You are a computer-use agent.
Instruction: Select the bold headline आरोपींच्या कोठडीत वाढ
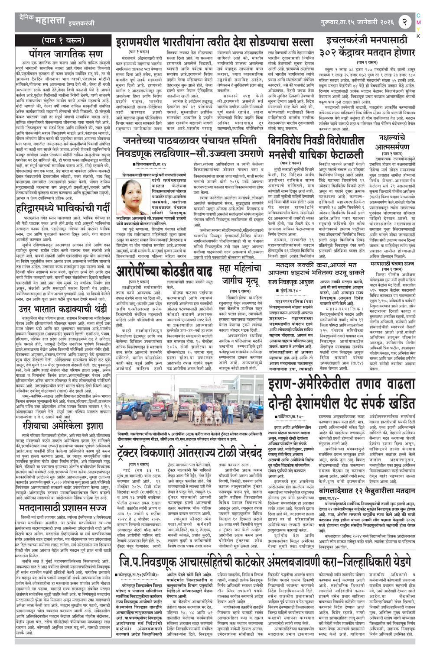[x=165, y=271]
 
